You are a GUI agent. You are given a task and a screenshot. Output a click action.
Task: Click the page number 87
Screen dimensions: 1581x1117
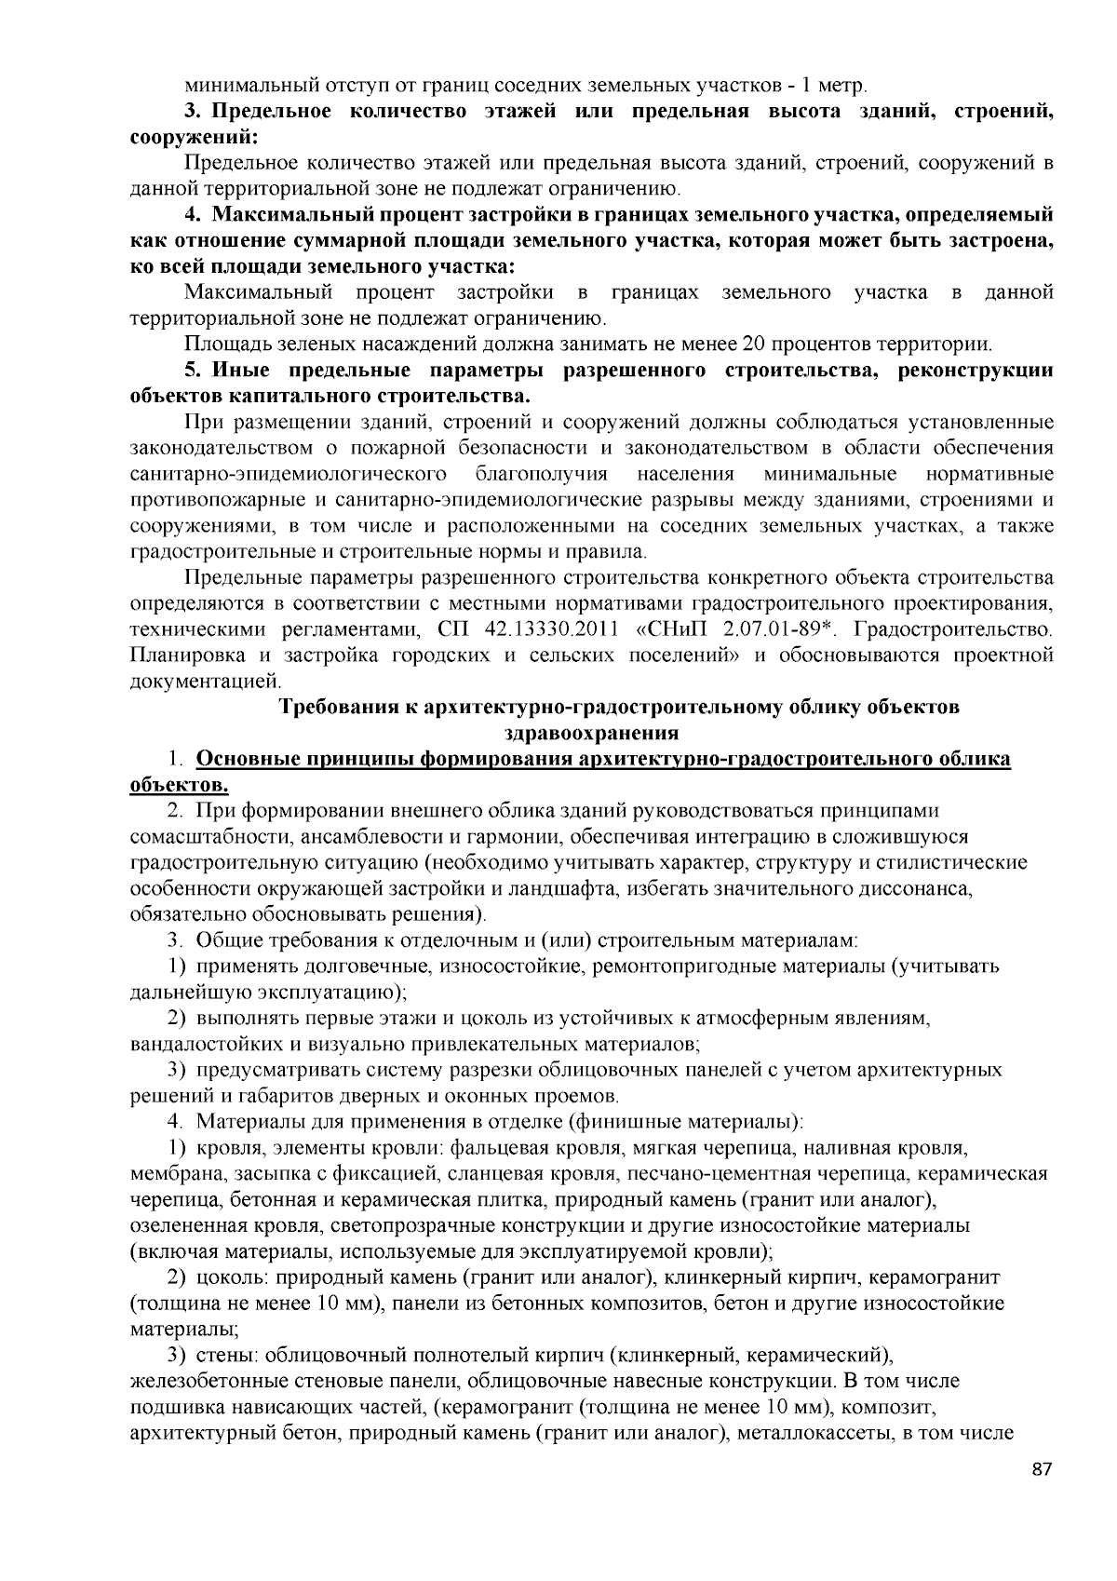click(1042, 1496)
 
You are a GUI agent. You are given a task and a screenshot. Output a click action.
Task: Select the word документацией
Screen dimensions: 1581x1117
click(193, 682)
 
